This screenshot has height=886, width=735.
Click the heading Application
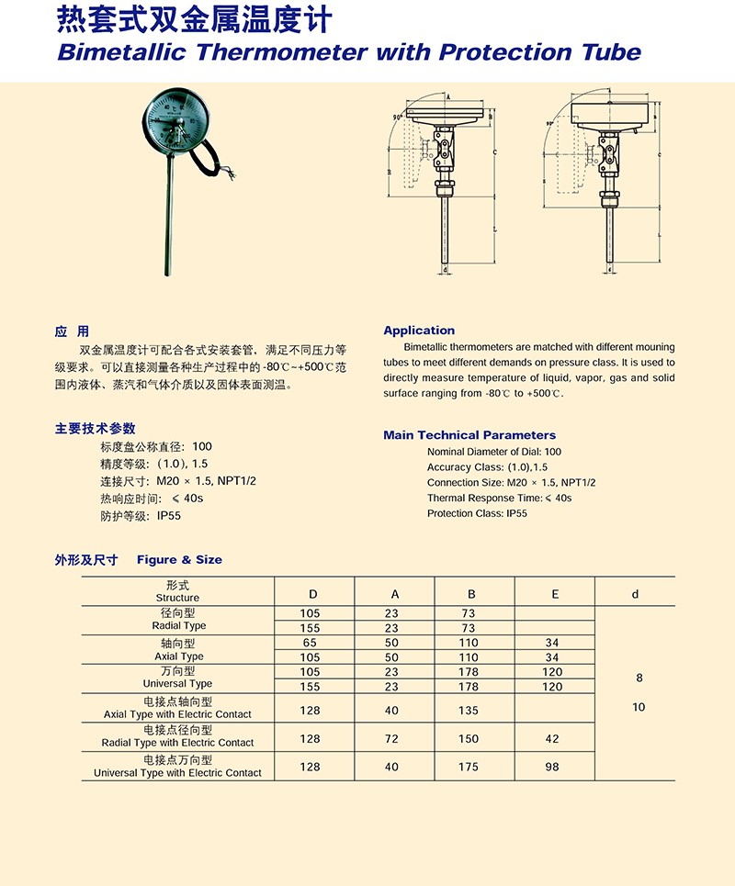pos(419,331)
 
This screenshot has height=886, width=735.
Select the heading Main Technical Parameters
pos(469,435)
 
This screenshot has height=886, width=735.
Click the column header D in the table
pos(313,594)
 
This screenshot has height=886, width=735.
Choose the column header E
pos(555,594)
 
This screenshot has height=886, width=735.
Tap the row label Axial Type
pos(178,656)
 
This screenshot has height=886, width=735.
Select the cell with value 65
pos(310,643)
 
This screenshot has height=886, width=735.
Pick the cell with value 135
pos(468,709)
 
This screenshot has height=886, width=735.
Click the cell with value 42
pos(551,738)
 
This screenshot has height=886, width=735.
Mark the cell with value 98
pos(551,767)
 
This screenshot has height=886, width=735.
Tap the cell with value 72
pos(392,738)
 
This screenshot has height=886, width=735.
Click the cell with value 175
pos(468,767)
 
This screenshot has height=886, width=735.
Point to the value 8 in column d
pos(639,679)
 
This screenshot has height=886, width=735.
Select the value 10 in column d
pos(639,707)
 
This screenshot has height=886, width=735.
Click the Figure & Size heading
pos(179,559)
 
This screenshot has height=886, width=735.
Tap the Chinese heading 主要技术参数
pos(95,429)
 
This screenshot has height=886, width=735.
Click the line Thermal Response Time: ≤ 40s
pos(499,498)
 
